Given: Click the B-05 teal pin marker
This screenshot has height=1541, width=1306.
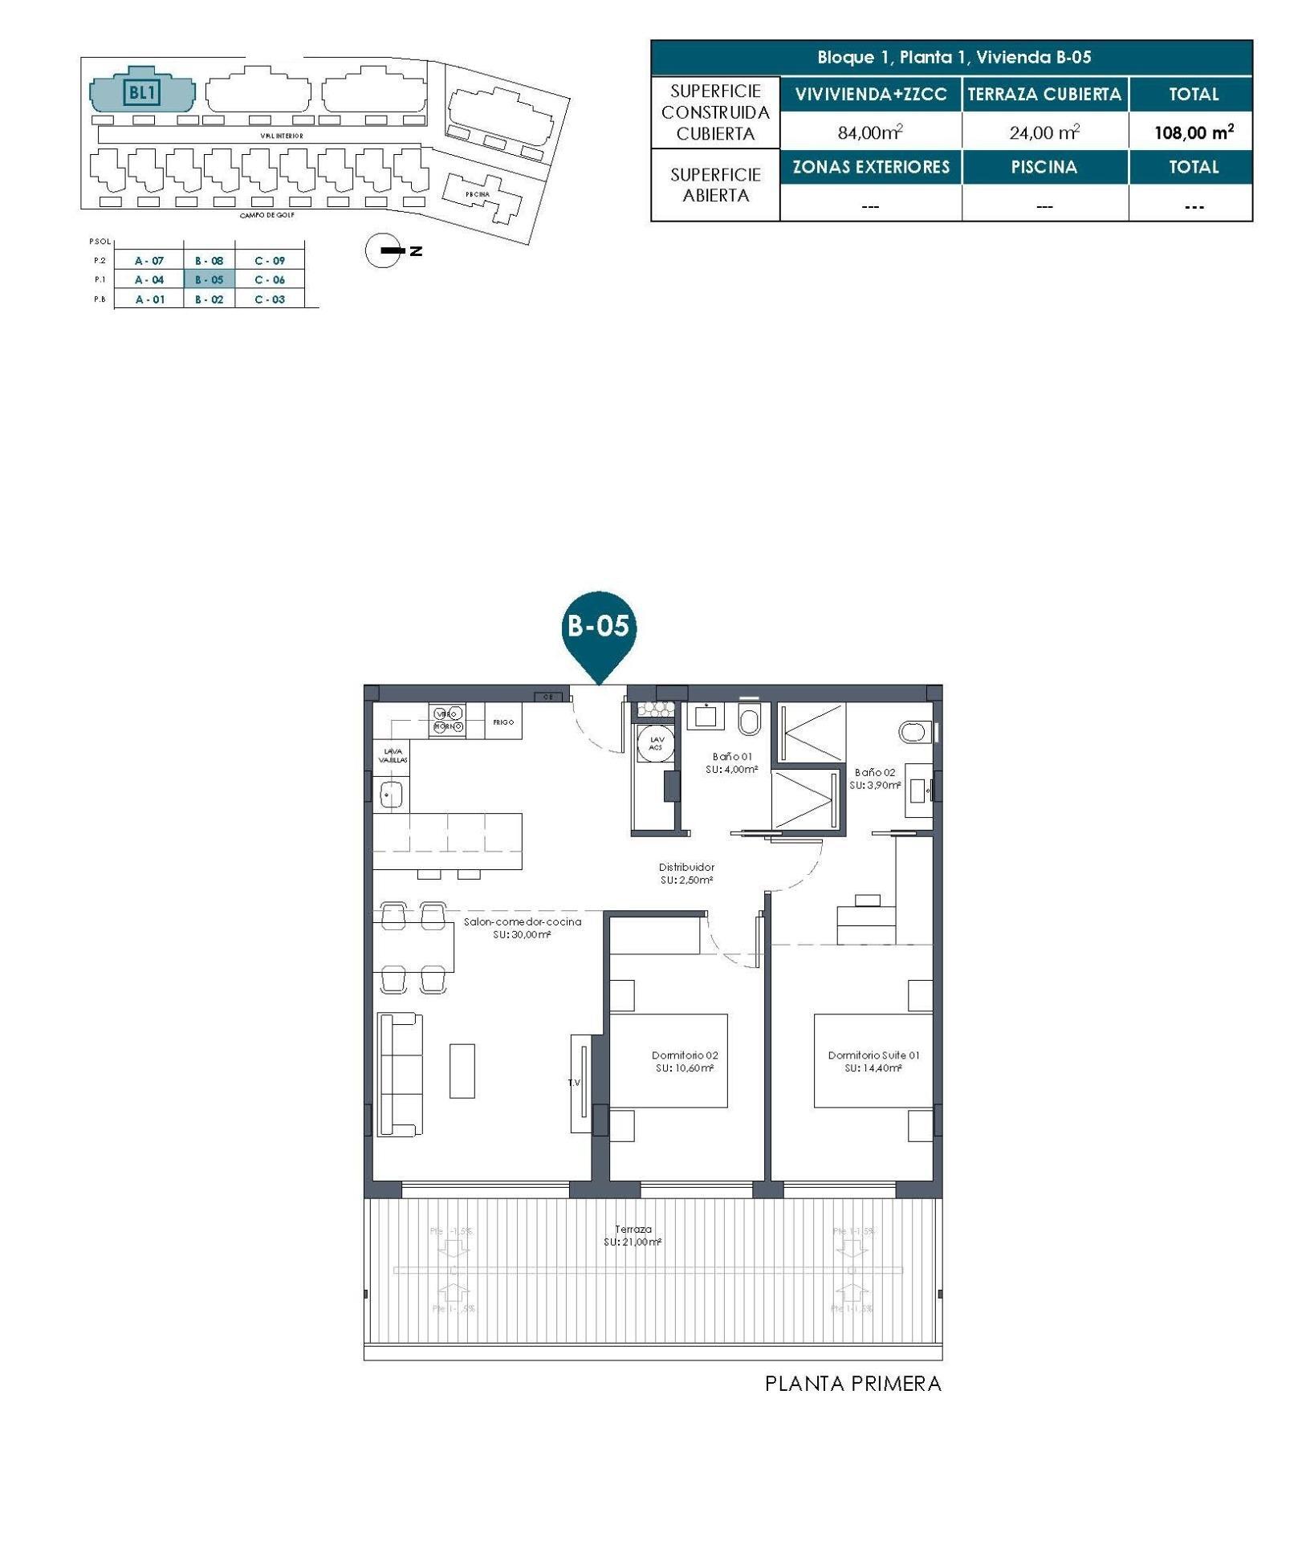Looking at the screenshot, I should tap(598, 627).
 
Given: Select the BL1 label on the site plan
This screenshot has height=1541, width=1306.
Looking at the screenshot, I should tap(142, 93).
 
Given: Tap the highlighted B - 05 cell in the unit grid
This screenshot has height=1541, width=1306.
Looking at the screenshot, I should tap(209, 280).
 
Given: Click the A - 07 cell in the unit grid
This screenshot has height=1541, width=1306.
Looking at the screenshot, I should tap(149, 261).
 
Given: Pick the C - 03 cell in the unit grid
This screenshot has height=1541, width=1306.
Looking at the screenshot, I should tap(270, 299).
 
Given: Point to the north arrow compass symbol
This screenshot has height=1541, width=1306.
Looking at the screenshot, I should tap(384, 251).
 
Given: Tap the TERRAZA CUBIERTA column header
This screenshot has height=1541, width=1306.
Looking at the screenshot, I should tap(1044, 95).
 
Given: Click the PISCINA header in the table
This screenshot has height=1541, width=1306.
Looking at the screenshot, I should tap(1044, 167).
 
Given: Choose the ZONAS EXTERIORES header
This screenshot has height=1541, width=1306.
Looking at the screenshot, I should tap(870, 167).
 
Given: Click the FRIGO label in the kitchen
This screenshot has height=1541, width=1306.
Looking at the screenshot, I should tap(503, 722).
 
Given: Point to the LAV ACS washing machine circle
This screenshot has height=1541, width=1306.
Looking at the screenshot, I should tap(656, 743).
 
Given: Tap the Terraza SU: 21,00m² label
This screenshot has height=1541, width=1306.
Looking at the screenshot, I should tap(633, 1235).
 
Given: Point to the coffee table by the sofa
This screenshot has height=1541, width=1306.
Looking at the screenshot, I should tap(462, 1071).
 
